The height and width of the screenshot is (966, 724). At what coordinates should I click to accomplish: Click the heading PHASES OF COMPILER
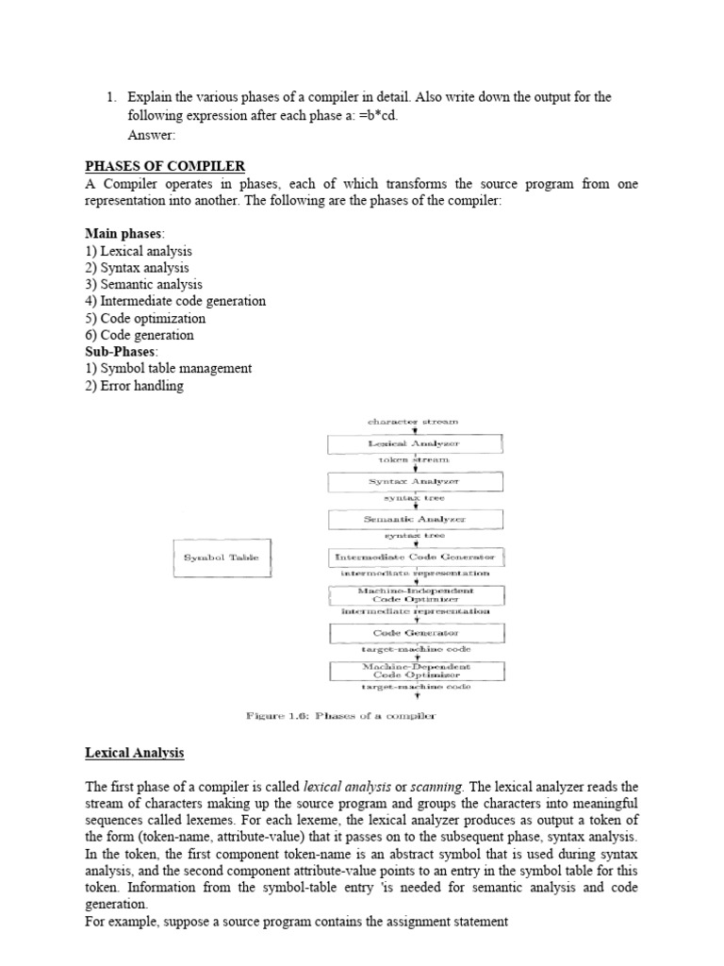(x=165, y=167)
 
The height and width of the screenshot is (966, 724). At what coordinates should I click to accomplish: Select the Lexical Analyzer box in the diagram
(x=415, y=442)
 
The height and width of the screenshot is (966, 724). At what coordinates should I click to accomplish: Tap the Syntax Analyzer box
(x=415, y=481)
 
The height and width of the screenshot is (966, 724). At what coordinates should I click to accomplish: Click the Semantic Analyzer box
(x=415, y=519)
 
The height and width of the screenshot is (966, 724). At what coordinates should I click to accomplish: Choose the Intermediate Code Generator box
(x=415, y=558)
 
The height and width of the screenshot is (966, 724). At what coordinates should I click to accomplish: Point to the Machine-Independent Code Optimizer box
(x=416, y=594)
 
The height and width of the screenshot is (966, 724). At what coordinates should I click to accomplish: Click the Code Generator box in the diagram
(x=415, y=632)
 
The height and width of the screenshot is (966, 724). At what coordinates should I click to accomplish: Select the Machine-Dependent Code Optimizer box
(x=416, y=670)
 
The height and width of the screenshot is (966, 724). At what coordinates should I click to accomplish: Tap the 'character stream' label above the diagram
(x=414, y=421)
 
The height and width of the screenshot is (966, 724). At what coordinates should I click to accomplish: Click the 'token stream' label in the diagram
(x=414, y=459)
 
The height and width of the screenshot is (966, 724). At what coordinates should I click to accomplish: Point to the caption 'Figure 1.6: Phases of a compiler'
(x=341, y=717)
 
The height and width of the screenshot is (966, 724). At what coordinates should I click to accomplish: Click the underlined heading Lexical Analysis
(x=135, y=753)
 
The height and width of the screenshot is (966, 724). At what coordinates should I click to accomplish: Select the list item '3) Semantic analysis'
(x=143, y=284)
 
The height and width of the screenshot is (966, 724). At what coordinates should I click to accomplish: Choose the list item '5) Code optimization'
(x=145, y=318)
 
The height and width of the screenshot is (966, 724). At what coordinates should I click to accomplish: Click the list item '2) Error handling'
(x=134, y=386)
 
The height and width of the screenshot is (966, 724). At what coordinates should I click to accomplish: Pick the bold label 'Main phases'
(x=123, y=233)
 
